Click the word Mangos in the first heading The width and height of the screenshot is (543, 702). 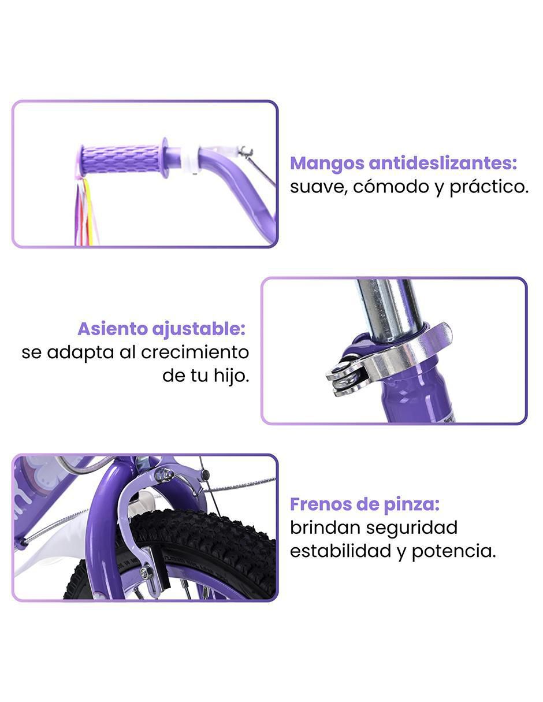327,164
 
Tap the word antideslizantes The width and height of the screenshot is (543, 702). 442,163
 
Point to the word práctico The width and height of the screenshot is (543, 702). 489,188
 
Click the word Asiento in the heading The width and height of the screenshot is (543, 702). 112,329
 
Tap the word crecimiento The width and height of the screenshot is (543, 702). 195,352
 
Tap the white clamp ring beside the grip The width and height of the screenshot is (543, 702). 188,160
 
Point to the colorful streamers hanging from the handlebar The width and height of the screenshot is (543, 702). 84,211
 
